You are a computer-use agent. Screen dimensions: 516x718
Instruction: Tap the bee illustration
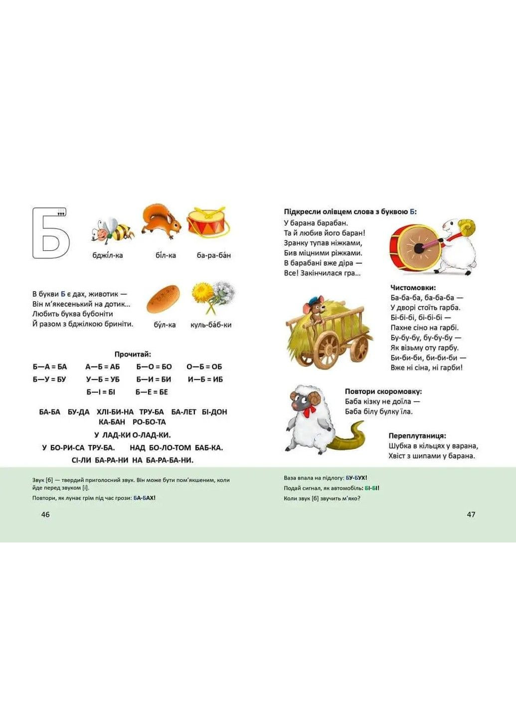click(113, 230)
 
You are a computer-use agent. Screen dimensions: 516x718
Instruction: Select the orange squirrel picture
click(162, 222)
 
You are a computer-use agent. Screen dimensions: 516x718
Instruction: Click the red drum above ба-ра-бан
click(208, 221)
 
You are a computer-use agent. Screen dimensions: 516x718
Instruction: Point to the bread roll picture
click(163, 299)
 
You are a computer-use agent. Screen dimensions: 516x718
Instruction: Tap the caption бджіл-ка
click(108, 255)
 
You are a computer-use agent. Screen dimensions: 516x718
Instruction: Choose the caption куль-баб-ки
click(211, 325)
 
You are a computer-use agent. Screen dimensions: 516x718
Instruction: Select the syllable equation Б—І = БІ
click(101, 392)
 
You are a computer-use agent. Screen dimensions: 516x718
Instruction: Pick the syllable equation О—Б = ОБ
click(204, 366)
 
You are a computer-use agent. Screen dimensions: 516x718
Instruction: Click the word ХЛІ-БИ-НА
click(115, 412)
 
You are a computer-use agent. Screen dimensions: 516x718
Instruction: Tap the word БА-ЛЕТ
click(183, 412)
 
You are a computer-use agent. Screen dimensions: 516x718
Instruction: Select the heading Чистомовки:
click(413, 288)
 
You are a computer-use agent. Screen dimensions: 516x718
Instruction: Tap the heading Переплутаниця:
click(418, 436)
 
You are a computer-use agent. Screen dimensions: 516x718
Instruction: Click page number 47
click(471, 515)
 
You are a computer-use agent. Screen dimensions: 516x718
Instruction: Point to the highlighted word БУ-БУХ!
click(356, 478)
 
